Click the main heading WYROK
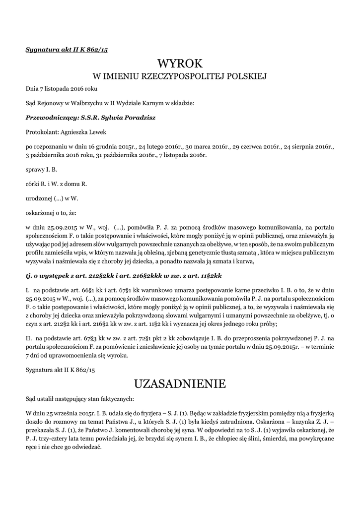coord(180,63)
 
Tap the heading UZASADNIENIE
coord(180,383)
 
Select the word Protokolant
coord(42,132)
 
